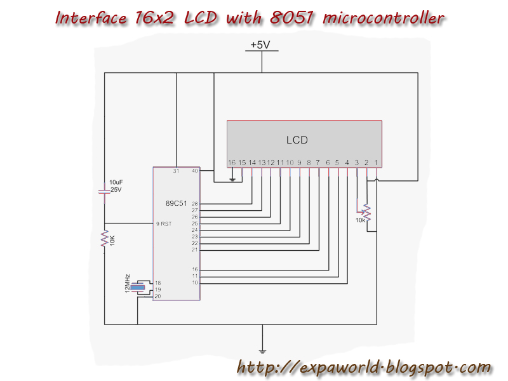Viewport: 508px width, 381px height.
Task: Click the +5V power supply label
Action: point(260,45)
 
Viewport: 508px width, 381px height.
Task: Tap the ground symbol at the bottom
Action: point(262,350)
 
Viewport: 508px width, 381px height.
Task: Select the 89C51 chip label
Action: point(176,203)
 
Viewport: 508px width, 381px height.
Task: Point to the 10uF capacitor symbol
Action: point(105,190)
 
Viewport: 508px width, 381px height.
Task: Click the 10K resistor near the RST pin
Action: point(105,239)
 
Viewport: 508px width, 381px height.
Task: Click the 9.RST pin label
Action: point(164,224)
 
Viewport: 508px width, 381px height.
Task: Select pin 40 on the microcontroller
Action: point(194,171)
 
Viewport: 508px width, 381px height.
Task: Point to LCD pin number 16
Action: point(232,163)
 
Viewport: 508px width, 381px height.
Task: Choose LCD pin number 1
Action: point(376,163)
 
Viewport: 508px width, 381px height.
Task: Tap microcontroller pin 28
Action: point(195,204)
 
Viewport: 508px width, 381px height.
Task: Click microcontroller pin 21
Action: point(195,250)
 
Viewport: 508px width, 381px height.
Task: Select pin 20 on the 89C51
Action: point(158,296)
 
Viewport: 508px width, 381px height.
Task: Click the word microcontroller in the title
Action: point(384,17)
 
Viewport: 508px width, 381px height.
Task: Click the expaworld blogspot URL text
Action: point(364,367)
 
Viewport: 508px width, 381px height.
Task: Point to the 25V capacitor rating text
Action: point(115,189)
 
